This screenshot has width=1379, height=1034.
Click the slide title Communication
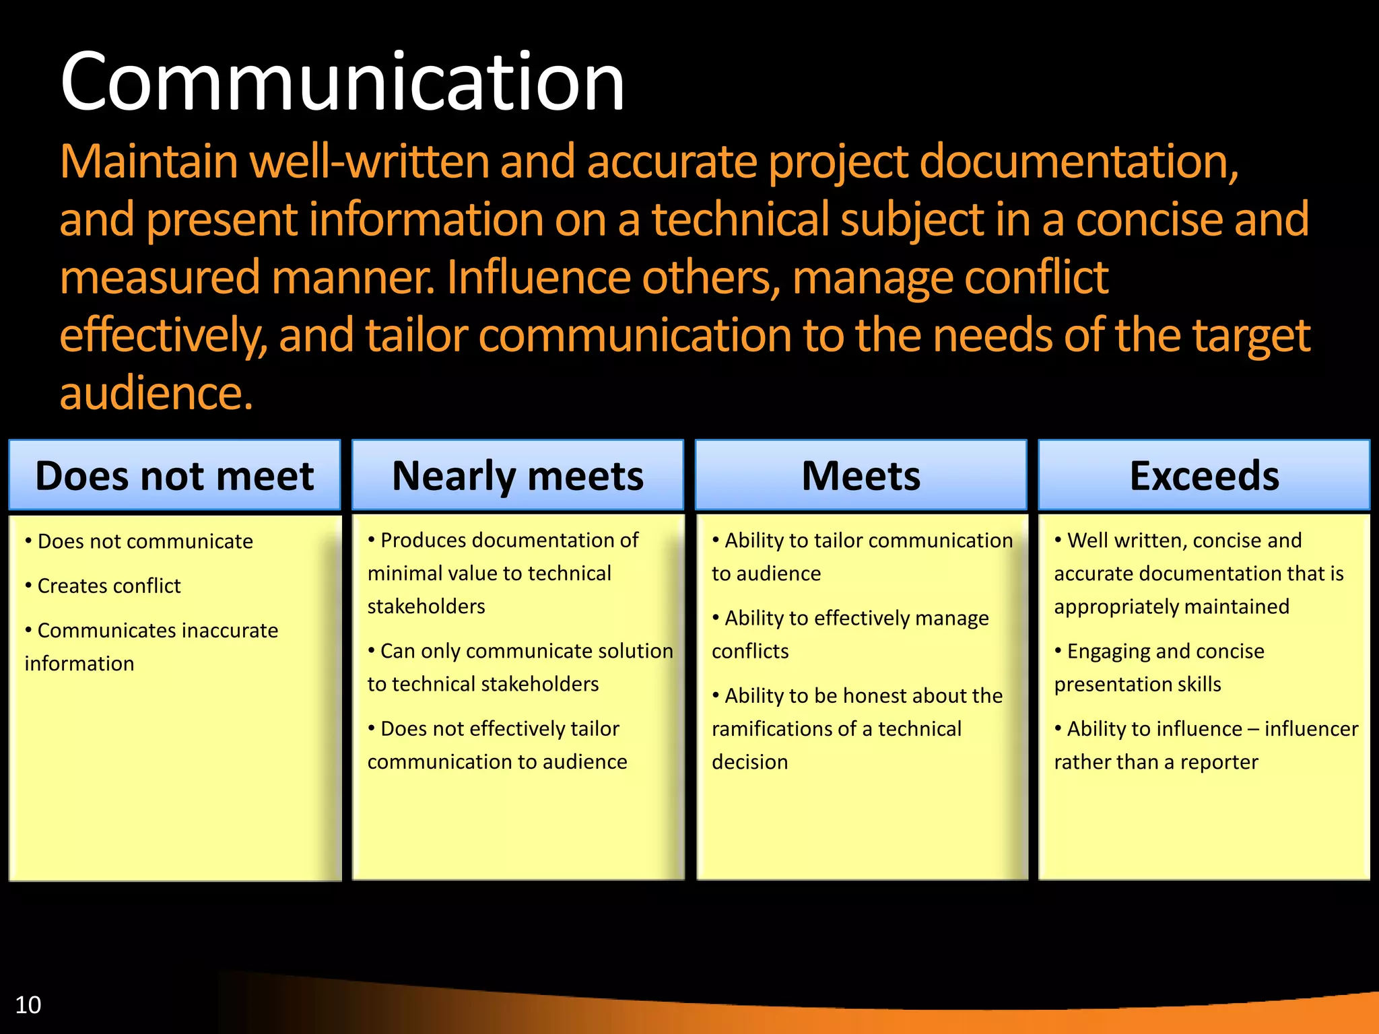pyautogui.click(x=342, y=82)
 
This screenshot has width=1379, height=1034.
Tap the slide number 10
pyautogui.click(x=28, y=1004)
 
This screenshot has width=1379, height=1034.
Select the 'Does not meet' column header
pyautogui.click(x=174, y=475)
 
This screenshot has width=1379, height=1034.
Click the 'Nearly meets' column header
pyautogui.click(x=517, y=475)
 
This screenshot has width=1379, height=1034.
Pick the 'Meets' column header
pyautogui.click(x=861, y=475)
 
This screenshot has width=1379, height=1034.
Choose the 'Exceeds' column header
pyautogui.click(x=1204, y=475)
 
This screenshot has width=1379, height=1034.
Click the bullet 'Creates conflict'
pyautogui.click(x=108, y=586)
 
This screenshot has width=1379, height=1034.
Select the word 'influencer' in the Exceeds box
pyautogui.click(x=1311, y=728)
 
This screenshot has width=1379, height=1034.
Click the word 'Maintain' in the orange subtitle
pyautogui.click(x=149, y=162)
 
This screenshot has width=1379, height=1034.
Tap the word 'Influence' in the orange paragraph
pyautogui.click(x=539, y=277)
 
